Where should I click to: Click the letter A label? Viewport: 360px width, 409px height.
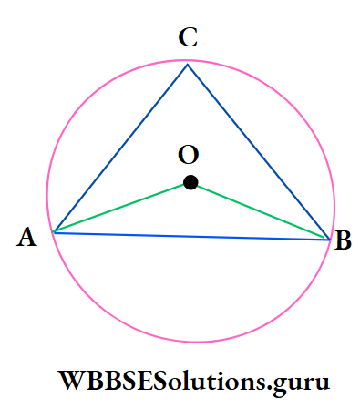point(26,238)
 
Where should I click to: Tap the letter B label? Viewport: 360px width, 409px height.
point(344,241)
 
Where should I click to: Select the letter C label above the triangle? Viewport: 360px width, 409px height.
point(189,38)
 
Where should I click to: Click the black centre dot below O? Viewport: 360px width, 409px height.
point(190,182)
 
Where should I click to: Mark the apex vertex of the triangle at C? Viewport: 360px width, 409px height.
point(188,64)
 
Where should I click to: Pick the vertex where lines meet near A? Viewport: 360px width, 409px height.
point(54,232)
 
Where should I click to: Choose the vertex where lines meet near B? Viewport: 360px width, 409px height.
point(329,240)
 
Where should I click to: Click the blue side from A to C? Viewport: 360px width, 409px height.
point(120,148)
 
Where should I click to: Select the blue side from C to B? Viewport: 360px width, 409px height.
point(259,152)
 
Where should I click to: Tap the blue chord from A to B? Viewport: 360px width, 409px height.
point(191,236)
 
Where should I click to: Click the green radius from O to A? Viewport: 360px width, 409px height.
point(121,208)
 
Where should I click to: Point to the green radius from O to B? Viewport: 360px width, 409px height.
point(260,211)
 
